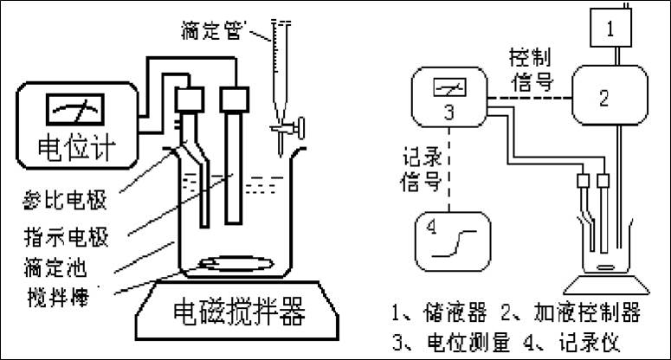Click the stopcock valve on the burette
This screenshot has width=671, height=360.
286,131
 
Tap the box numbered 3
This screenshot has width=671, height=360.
449,100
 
